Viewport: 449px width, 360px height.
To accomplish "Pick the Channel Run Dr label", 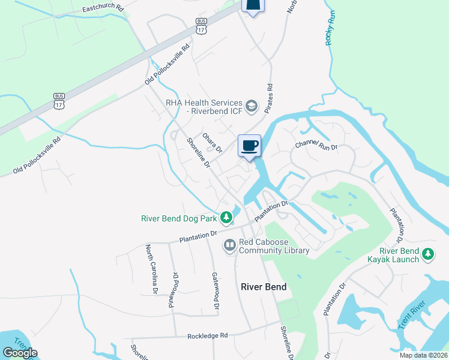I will (317, 146).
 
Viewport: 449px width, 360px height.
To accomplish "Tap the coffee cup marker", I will (250, 145).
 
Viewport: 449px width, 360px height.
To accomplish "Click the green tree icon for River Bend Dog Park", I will (226, 217).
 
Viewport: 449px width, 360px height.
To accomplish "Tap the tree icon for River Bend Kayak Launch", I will (428, 254).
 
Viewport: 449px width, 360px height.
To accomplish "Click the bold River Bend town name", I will (264, 287).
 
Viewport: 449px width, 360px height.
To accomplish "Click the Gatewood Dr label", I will (215, 291).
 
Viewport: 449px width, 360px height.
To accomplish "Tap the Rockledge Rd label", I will (208, 335).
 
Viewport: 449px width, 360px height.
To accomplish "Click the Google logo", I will (20, 353).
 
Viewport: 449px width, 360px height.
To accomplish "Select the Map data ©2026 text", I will (423, 355).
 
